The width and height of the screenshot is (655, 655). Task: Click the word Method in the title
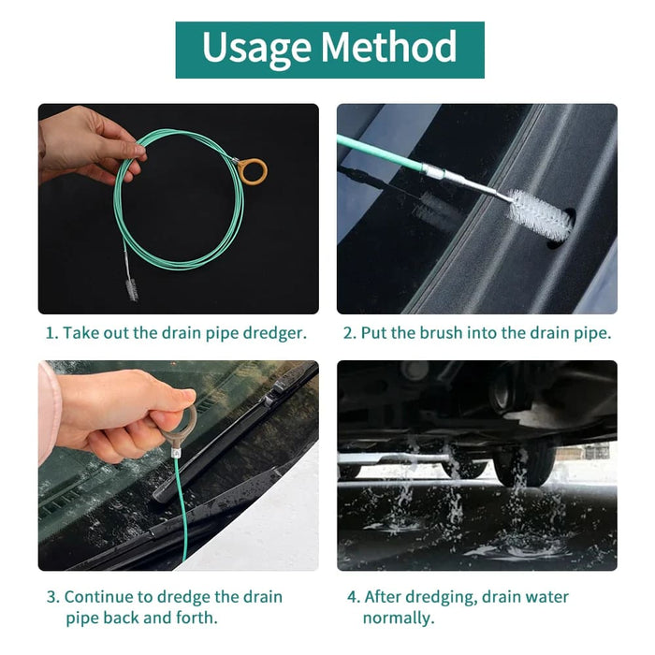[x=389, y=46]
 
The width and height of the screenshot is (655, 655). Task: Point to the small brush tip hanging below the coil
[x=132, y=290]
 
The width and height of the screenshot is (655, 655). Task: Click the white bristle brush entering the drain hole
[x=540, y=214]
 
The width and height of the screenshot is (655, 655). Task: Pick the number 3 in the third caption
[x=53, y=597]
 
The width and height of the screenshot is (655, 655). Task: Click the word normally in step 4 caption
[x=399, y=618]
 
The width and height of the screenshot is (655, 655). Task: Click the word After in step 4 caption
[x=382, y=597]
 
